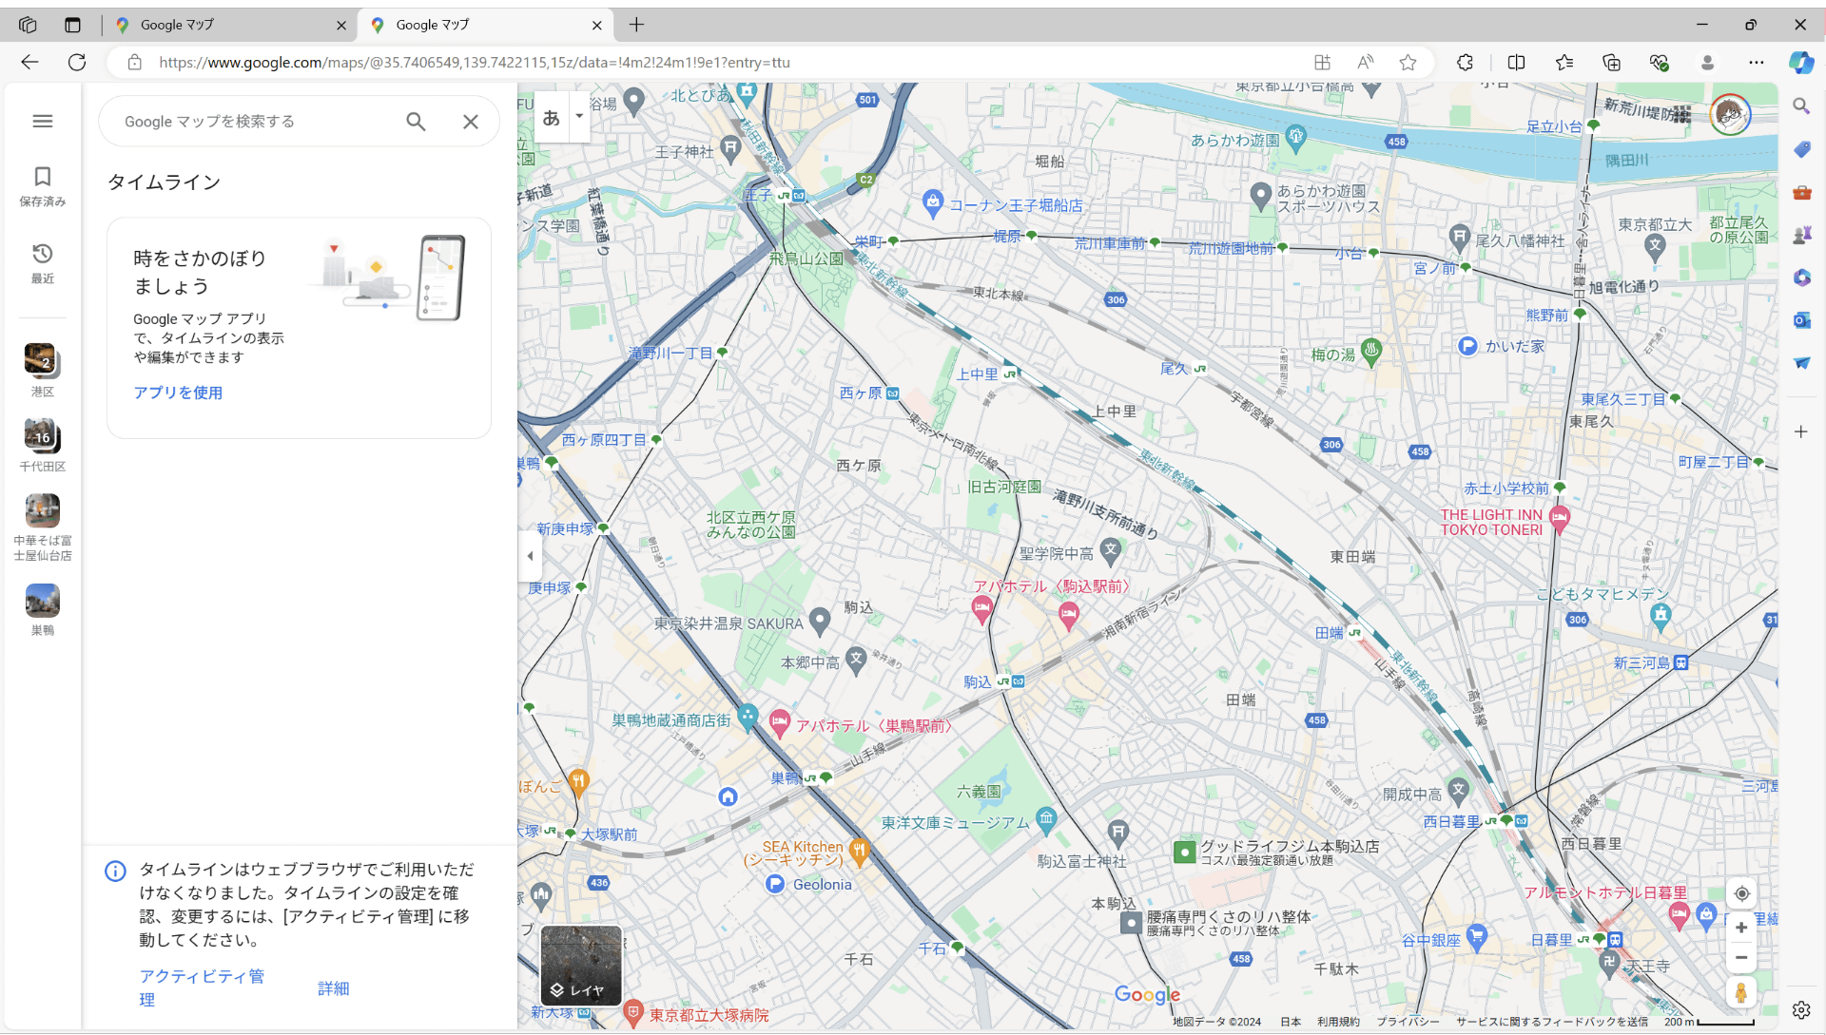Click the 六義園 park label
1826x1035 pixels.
point(979,791)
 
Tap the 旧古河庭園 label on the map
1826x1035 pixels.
point(1004,487)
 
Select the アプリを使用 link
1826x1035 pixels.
point(178,393)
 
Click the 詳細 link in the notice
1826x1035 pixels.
point(334,988)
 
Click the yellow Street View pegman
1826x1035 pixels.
point(1740,993)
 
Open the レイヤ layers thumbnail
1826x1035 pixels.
point(581,966)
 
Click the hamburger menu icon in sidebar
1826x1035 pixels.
point(43,121)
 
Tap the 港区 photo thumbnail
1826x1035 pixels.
point(42,361)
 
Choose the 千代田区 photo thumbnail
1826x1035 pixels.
point(42,436)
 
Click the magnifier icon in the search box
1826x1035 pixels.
point(416,122)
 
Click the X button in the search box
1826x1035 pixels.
point(471,122)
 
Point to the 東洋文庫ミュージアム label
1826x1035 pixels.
point(955,823)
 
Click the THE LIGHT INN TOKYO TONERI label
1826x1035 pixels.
point(1491,523)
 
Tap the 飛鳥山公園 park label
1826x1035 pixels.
point(806,259)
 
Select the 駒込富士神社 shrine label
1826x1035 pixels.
point(1081,861)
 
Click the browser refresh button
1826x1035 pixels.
point(77,63)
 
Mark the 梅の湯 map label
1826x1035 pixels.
point(1333,355)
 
